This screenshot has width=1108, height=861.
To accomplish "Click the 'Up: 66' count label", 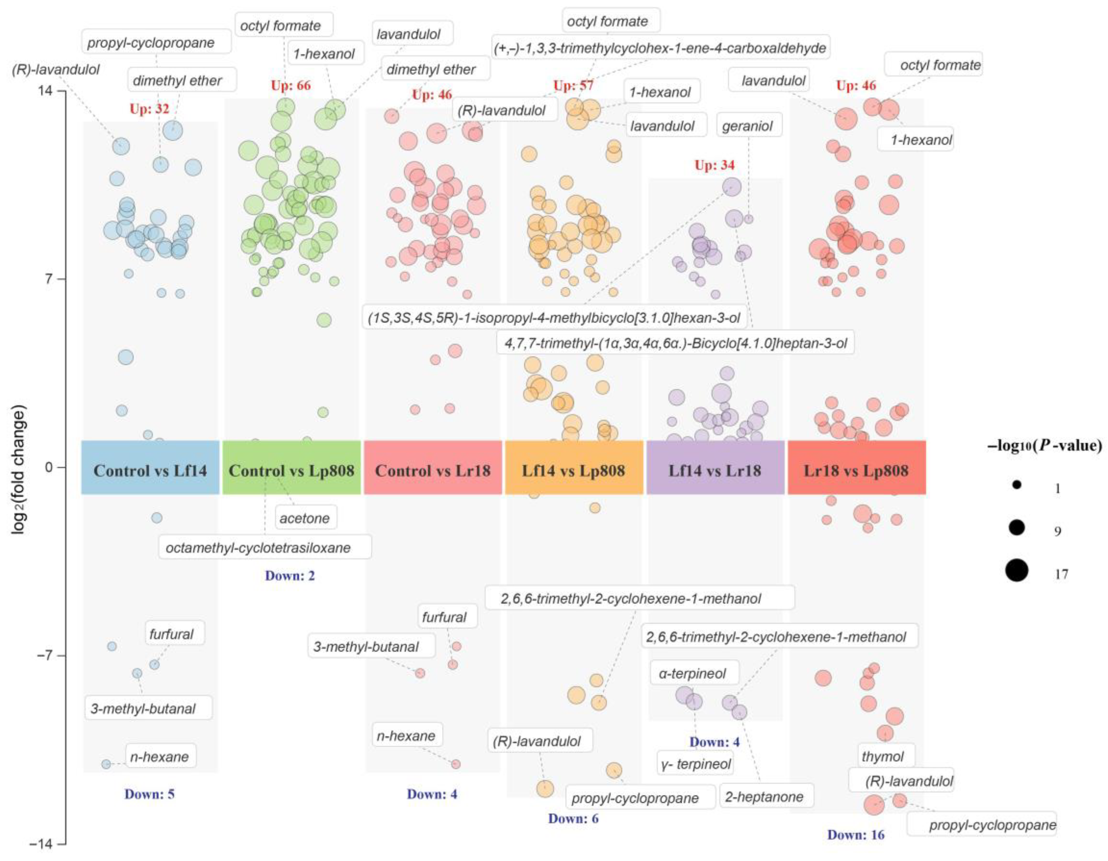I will point(291,85).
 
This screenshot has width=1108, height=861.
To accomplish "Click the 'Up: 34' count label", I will point(714,165).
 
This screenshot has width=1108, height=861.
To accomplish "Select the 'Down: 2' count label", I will point(290,575).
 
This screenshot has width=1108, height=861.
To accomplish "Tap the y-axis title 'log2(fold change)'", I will point(19,469).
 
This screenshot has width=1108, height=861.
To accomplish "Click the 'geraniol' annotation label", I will point(747,126).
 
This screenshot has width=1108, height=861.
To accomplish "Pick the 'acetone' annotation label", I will point(304,518).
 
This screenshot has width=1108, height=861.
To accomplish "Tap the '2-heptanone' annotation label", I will point(764,797).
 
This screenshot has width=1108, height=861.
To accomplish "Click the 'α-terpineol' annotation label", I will point(693,673).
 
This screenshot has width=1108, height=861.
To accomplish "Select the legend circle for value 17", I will point(1016,570).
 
